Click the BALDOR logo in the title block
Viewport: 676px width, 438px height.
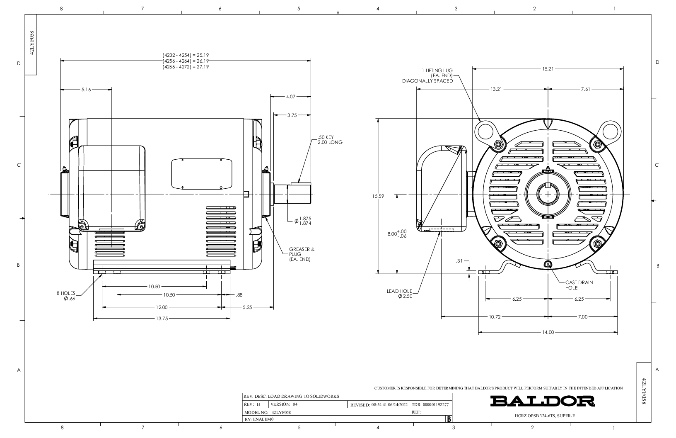(x=542, y=401)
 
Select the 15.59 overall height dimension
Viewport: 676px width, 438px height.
(x=378, y=196)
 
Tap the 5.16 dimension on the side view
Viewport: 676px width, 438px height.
(x=86, y=90)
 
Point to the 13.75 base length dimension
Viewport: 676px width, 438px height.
(x=162, y=319)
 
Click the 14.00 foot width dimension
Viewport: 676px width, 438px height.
(x=548, y=332)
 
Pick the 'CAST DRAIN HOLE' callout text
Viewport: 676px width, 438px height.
(x=579, y=285)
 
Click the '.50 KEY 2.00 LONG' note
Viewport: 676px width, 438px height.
(x=330, y=140)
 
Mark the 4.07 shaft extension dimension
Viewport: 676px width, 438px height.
(x=291, y=97)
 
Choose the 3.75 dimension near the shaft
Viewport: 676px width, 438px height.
(x=292, y=115)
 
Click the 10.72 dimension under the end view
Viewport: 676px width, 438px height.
(x=495, y=317)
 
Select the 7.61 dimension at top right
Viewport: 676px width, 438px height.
(x=585, y=89)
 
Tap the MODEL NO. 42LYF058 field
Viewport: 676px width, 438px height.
(x=268, y=412)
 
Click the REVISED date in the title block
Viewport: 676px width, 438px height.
(x=379, y=405)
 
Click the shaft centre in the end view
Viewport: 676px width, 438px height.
(x=548, y=194)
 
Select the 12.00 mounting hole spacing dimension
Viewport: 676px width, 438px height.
(x=162, y=307)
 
